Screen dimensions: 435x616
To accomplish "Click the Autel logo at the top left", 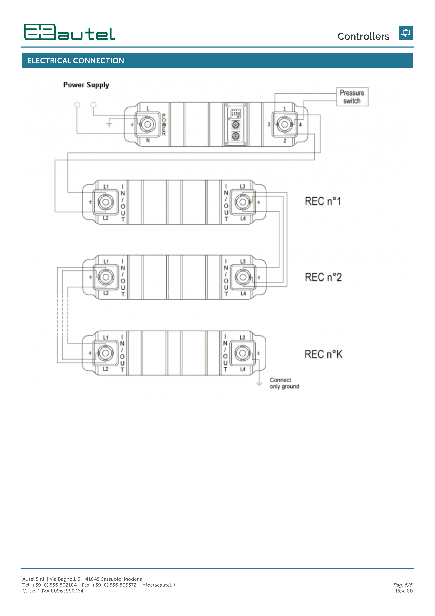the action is tap(70, 32).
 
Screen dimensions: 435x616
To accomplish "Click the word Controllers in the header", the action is tap(363, 36).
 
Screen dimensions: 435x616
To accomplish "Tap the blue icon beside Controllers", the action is tap(406, 33).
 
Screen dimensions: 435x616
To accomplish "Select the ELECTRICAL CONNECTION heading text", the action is tap(76, 61).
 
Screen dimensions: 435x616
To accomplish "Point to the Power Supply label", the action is tap(86, 85).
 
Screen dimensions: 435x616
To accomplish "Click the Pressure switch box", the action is tap(352, 97).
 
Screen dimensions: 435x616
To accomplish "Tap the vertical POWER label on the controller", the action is tap(164, 125).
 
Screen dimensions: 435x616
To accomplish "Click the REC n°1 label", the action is tap(323, 201).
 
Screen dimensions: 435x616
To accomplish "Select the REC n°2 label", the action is tap(323, 277).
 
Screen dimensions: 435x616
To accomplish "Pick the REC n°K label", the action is tap(323, 354).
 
